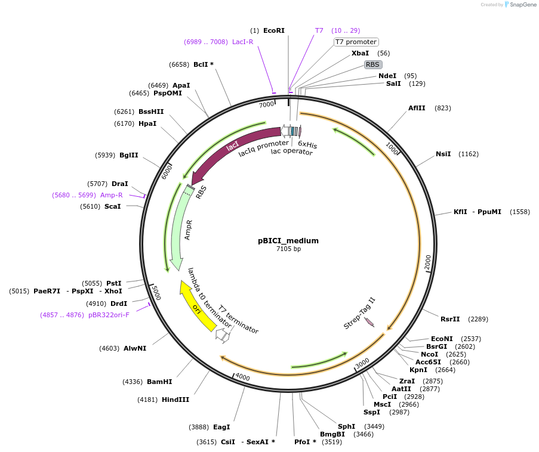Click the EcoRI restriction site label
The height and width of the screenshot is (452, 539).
pyautogui.click(x=274, y=30)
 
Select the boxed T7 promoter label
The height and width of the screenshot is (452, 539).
pyautogui.click(x=356, y=42)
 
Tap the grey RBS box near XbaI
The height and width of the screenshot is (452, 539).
pyautogui.click(x=373, y=64)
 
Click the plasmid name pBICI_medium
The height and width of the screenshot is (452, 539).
pyautogui.click(x=288, y=241)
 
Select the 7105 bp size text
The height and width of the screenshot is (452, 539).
pyautogui.click(x=288, y=249)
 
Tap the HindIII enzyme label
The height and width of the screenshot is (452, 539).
pyautogui.click(x=175, y=400)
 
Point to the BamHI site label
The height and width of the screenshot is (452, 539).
pyautogui.click(x=159, y=382)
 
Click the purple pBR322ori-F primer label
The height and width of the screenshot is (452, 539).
pyautogui.click(x=109, y=314)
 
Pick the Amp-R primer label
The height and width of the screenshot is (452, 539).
pyautogui.click(x=112, y=195)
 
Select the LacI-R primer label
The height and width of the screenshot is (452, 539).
pyautogui.click(x=242, y=42)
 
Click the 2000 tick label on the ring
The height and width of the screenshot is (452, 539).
pyautogui.click(x=427, y=261)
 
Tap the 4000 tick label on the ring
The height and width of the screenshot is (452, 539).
pyautogui.click(x=242, y=377)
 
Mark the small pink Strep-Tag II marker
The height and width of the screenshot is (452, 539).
pyautogui.click(x=369, y=322)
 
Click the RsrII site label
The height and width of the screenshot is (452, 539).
pyautogui.click(x=451, y=319)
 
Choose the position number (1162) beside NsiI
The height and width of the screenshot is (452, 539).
pyautogui.click(x=469, y=154)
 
